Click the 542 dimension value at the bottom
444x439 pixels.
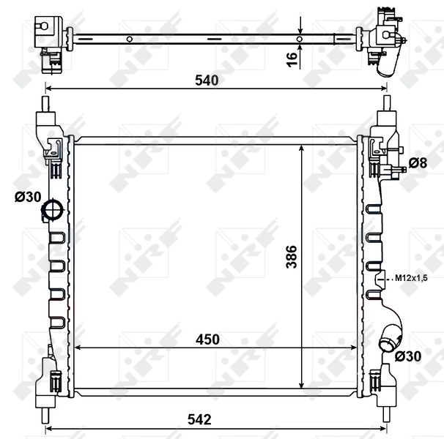click(199, 419)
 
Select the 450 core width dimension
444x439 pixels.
click(207, 339)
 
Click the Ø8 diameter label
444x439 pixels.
click(417, 162)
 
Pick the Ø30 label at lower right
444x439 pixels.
click(407, 356)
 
